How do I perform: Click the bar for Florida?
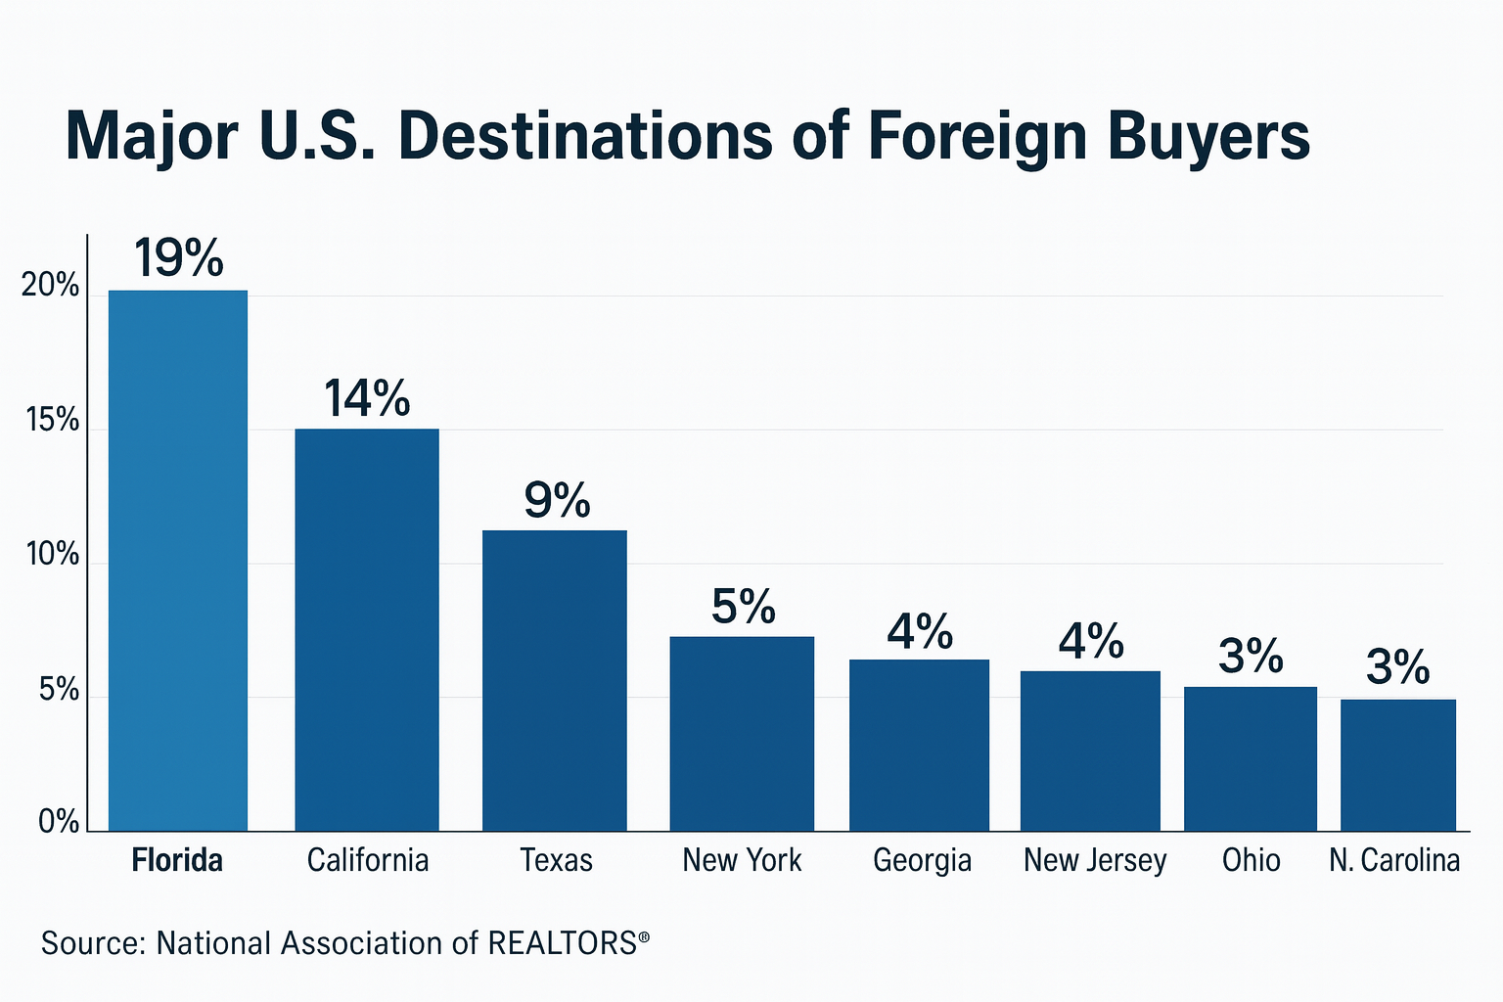click(178, 561)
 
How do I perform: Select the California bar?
click(367, 630)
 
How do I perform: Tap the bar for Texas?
click(555, 681)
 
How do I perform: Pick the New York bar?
click(742, 734)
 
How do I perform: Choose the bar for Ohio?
click(1251, 759)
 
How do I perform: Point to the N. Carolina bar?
click(1398, 765)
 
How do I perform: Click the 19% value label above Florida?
click(179, 258)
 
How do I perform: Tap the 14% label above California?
click(367, 398)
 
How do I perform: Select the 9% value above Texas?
click(557, 500)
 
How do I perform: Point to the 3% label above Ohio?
click(1251, 656)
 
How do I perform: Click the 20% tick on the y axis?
click(51, 286)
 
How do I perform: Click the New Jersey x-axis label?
click(1095, 860)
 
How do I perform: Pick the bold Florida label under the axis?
click(177, 860)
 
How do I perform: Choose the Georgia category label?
click(922, 860)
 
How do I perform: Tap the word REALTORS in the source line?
click(563, 943)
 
